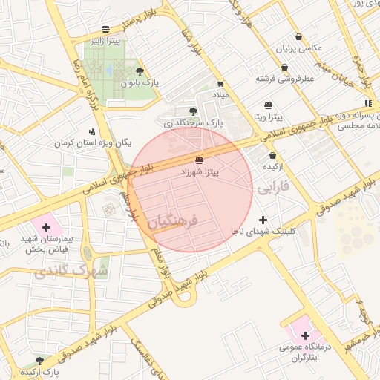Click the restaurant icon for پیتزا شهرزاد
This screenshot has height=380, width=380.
click(x=198, y=160)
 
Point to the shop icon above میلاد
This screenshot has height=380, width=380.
click(x=220, y=85)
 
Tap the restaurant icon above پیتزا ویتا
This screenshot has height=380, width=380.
click(x=267, y=105)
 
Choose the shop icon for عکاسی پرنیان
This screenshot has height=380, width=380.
click(x=298, y=36)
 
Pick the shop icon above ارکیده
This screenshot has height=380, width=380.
click(x=273, y=156)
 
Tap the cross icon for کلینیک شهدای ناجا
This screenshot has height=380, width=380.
click(x=263, y=220)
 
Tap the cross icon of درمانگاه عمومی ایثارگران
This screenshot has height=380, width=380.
click(x=305, y=335)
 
